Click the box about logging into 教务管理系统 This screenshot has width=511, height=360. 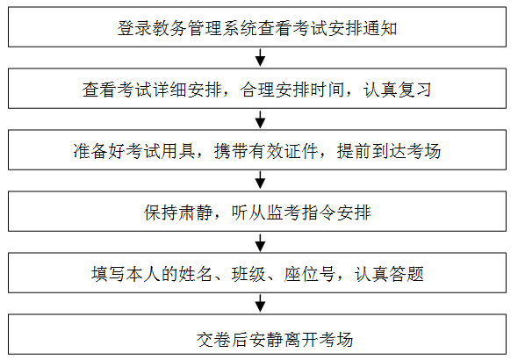tap(257, 27)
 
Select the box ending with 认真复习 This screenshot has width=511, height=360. tap(257, 89)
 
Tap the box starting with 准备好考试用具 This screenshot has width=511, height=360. tap(257, 150)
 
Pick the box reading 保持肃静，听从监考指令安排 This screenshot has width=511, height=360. tap(257, 212)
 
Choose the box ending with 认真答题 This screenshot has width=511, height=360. tap(257, 273)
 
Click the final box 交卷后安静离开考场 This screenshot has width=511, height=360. tap(257, 335)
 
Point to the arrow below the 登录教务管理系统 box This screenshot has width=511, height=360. tap(260, 58)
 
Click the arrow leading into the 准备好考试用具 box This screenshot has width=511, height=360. tap(260, 119)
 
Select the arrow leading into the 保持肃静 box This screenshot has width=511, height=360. tap(260, 181)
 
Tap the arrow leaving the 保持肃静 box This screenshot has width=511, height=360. tap(260, 242)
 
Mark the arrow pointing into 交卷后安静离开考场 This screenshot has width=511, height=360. tap(260, 303)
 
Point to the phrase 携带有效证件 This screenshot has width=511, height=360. tap(266, 151)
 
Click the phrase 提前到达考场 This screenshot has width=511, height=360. tap(389, 151)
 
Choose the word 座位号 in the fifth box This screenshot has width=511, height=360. tap(310, 274)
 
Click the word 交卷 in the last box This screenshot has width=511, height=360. tap(213, 340)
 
